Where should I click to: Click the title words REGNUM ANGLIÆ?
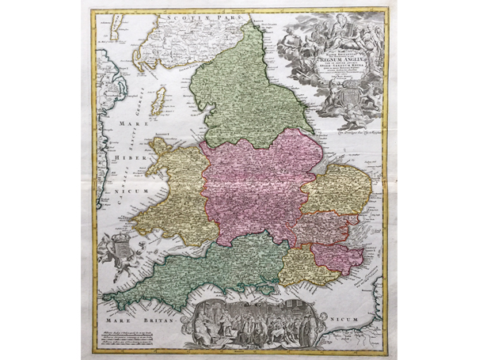(330, 58)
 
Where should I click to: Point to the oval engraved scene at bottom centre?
(241, 323)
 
